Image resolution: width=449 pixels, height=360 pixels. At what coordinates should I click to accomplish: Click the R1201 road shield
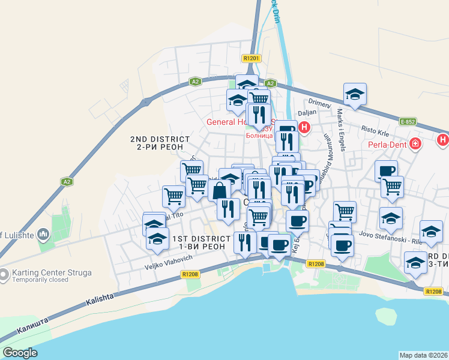[x=251, y=58]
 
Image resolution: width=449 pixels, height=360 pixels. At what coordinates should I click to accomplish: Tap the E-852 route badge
[x=408, y=121]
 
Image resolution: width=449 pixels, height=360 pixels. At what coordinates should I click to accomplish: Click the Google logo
[x=20, y=353]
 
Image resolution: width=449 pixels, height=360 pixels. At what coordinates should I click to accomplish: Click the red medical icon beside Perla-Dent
[x=415, y=144]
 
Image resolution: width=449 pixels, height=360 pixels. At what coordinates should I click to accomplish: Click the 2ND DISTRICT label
[x=159, y=139]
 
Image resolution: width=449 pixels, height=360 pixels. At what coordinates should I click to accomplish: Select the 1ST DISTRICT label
[x=201, y=239]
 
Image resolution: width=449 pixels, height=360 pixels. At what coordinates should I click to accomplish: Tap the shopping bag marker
[x=220, y=191]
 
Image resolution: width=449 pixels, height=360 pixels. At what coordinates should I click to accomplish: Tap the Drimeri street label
[x=320, y=103]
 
